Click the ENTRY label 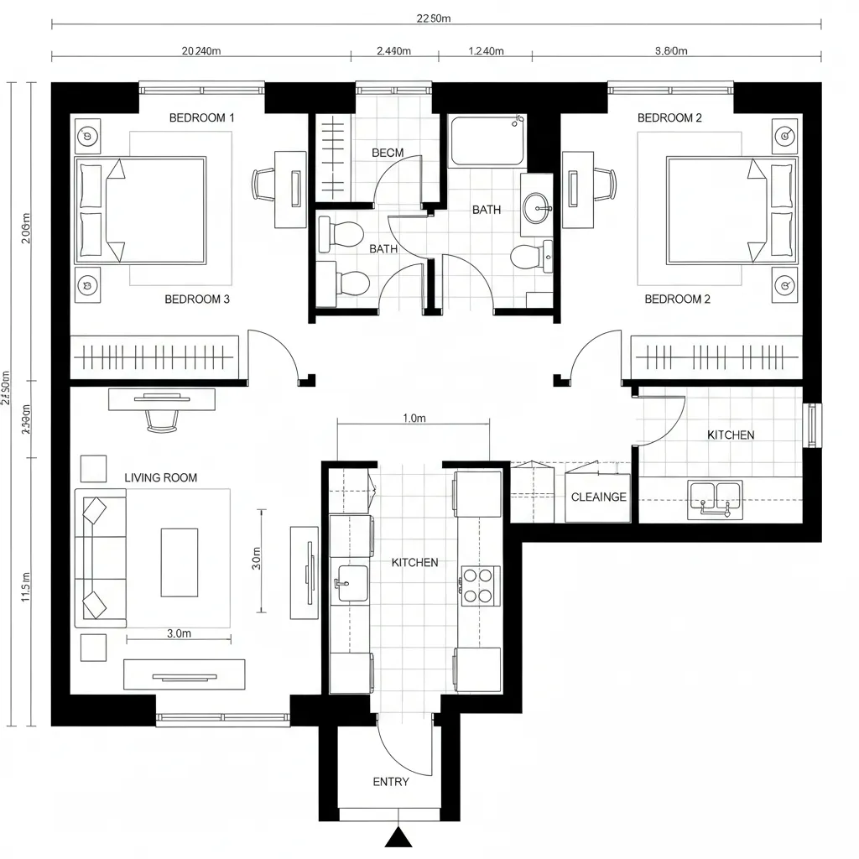[391, 782]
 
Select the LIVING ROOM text [161, 477]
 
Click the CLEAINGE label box [598, 497]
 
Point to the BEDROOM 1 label [201, 117]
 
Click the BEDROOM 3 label [197, 299]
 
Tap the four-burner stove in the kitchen [478, 586]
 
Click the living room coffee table [180, 562]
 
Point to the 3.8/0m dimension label [670, 50]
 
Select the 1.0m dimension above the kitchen [414, 419]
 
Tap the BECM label [388, 153]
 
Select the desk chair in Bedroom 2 [606, 184]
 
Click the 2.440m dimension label [393, 50]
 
